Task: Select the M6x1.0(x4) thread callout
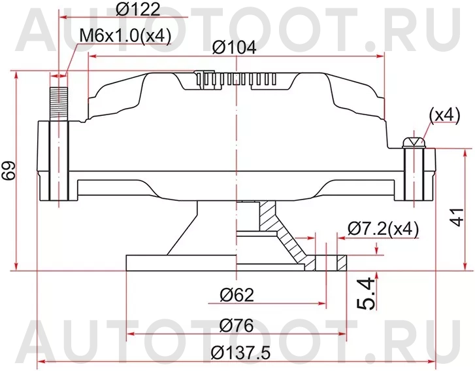point(125,36)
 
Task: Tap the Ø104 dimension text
point(234,47)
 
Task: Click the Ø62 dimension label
point(236,294)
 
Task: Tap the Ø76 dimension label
point(236,325)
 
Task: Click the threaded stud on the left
point(58,96)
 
